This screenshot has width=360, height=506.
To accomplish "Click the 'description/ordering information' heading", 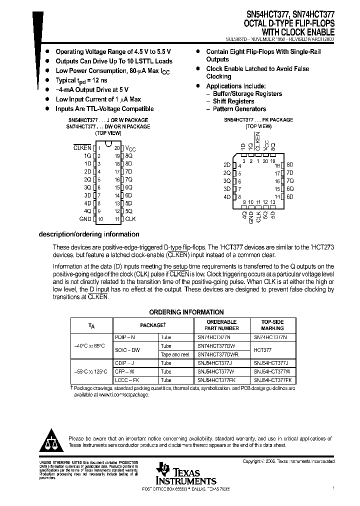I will point(89,234).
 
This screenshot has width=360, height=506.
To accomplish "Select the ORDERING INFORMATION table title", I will point(186,311).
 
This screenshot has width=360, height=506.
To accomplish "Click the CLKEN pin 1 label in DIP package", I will point(82,148).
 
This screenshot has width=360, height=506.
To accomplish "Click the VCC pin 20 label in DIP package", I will point(130,148).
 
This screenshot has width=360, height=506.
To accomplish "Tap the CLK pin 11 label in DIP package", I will point(130,219).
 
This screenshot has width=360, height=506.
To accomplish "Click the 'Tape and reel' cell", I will point(174,354).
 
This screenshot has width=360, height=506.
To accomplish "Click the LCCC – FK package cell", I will point(128,380).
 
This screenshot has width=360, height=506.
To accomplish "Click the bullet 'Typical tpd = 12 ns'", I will point(81,80).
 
